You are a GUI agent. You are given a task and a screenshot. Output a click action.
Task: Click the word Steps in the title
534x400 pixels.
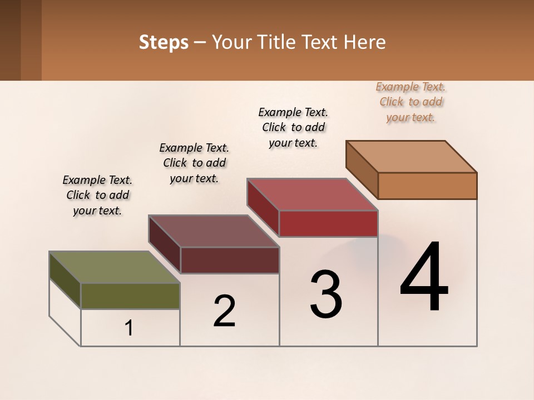(164, 42)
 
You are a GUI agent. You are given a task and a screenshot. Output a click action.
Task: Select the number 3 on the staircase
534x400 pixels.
(326, 294)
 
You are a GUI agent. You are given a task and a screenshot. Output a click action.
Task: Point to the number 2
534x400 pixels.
(224, 311)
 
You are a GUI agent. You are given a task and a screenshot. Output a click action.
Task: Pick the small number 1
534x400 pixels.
(129, 328)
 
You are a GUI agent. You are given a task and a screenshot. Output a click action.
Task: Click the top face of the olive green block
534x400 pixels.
(114, 267)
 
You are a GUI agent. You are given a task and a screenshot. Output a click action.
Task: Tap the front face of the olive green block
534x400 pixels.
(130, 296)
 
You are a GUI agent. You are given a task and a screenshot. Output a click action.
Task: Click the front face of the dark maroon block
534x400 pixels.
(230, 260)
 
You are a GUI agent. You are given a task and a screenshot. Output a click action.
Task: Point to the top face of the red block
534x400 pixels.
(312, 194)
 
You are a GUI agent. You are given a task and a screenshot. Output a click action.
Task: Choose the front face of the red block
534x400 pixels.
(328, 223)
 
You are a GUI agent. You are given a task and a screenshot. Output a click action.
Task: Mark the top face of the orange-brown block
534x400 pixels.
(411, 157)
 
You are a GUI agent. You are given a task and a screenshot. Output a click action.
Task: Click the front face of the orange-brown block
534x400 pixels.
(427, 186)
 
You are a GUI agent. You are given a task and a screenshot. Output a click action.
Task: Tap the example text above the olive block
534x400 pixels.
(97, 195)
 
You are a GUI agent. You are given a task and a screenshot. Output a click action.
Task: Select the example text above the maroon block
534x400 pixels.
(194, 163)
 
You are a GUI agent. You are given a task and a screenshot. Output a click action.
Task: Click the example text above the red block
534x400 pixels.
(293, 127)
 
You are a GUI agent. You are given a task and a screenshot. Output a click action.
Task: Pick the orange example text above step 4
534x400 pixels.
(411, 102)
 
